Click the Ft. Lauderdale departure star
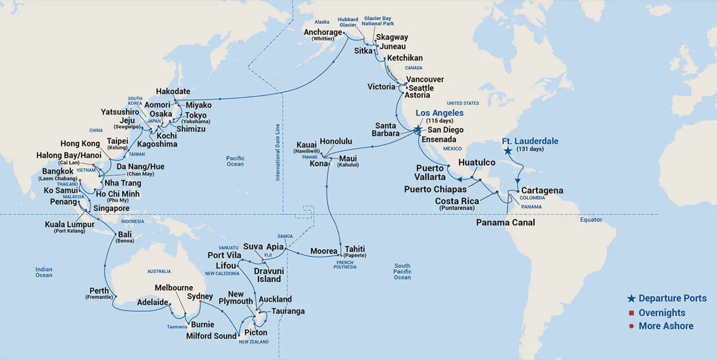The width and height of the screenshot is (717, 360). pyautogui.click(x=508, y=151)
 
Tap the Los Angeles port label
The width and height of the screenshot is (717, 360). pyautogui.click(x=439, y=113)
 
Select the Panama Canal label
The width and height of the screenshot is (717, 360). pyautogui.click(x=505, y=223)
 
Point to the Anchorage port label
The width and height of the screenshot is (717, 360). pyautogui.click(x=323, y=32)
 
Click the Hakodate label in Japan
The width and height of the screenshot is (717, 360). pyautogui.click(x=173, y=91)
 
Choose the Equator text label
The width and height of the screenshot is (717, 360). pyautogui.click(x=591, y=220)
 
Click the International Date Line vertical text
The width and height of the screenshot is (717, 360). pyautogui.click(x=278, y=152)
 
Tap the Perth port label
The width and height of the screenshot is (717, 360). pyautogui.click(x=99, y=291)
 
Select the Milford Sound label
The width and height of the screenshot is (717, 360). pyautogui.click(x=211, y=336)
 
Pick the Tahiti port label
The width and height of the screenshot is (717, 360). pyautogui.click(x=355, y=249)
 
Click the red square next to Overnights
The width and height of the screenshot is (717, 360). pyautogui.click(x=631, y=313)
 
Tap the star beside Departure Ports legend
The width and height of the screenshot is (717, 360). pyautogui.click(x=631, y=298)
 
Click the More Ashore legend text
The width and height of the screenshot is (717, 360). pyautogui.click(x=666, y=326)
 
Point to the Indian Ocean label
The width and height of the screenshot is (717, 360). pyautogui.click(x=44, y=272)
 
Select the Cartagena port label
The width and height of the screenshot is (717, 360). pyautogui.click(x=542, y=191)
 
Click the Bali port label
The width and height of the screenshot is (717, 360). pyautogui.click(x=125, y=234)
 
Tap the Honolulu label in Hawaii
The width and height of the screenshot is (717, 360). pyautogui.click(x=336, y=141)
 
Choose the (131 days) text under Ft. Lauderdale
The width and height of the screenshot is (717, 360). pyautogui.click(x=530, y=149)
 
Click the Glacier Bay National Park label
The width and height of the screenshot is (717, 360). pyautogui.click(x=377, y=21)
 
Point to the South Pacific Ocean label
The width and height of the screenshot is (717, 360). pyautogui.click(x=402, y=271)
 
